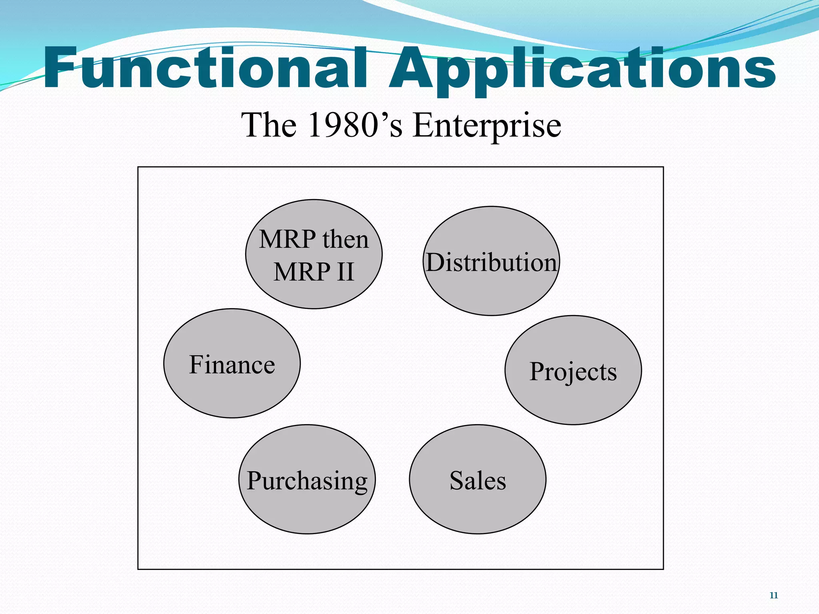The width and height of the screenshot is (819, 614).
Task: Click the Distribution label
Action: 491,263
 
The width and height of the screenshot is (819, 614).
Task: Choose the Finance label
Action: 232,365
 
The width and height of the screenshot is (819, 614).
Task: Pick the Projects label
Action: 573,372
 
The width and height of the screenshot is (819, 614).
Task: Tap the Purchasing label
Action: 307,480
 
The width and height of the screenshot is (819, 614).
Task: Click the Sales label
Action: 477,480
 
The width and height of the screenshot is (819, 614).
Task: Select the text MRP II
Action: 314,272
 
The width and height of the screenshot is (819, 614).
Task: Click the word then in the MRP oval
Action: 346,239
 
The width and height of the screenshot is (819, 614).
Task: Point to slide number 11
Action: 773,596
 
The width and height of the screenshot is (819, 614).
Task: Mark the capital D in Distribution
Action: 435,263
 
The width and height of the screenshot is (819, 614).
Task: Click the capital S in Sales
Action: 457,480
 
